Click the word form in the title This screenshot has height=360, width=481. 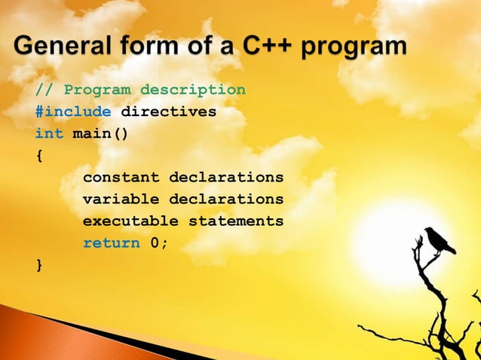click(151, 47)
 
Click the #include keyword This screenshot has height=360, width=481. click(73, 112)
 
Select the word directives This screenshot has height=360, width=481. click(169, 112)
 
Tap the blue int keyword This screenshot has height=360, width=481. click(49, 134)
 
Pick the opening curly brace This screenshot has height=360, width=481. click(39, 156)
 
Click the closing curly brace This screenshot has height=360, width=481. click(39, 264)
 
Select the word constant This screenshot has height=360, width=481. click(121, 178)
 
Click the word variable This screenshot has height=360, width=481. click(121, 200)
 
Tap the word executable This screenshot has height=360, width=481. click(130, 221)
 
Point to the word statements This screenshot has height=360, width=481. click(236, 221)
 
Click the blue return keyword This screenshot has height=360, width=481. click(111, 243)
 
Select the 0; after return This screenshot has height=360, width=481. click(159, 243)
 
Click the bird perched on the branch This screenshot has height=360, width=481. click(438, 240)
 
